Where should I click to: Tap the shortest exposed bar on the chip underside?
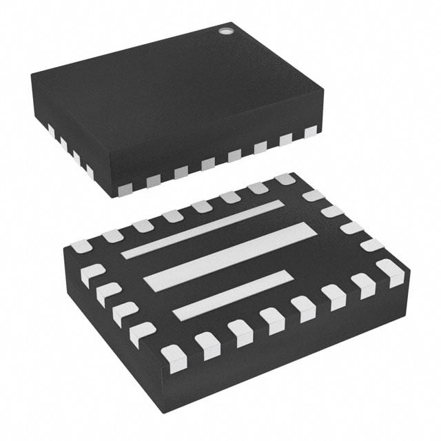(x=232, y=294)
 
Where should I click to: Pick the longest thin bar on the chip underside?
(x=201, y=229)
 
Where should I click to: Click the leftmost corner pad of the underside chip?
(x=81, y=246)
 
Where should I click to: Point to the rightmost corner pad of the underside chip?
(x=391, y=271)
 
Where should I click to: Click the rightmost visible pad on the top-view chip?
(x=311, y=131)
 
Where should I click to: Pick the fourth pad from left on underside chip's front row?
(x=271, y=320)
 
